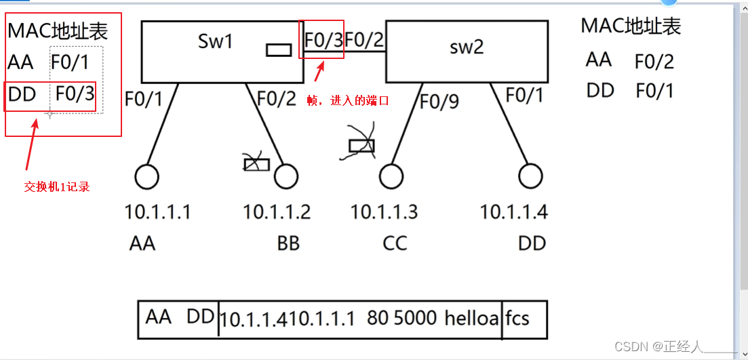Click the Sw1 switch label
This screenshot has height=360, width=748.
coord(215,41)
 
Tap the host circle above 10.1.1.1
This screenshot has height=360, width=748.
coord(146,177)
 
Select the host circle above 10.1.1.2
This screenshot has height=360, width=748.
coord(286,177)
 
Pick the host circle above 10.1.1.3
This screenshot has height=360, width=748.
coord(391,177)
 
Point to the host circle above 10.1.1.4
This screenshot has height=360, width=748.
coord(530,177)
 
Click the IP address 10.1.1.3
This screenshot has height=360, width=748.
coord(384,212)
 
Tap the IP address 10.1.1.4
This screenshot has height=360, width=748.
coord(513,212)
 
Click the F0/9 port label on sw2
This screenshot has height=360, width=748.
coord(439,102)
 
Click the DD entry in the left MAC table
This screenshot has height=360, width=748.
coord(22,94)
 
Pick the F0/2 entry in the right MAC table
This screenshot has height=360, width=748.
coord(654,62)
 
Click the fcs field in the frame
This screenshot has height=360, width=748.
coord(517,318)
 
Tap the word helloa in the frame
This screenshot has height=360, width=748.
coord(472,318)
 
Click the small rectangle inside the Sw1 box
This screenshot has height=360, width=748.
coord(278,49)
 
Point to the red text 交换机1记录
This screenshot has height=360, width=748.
coord(57,187)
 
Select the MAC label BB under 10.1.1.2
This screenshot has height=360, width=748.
coord(288,243)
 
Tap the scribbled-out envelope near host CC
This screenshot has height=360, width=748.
coord(361,144)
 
